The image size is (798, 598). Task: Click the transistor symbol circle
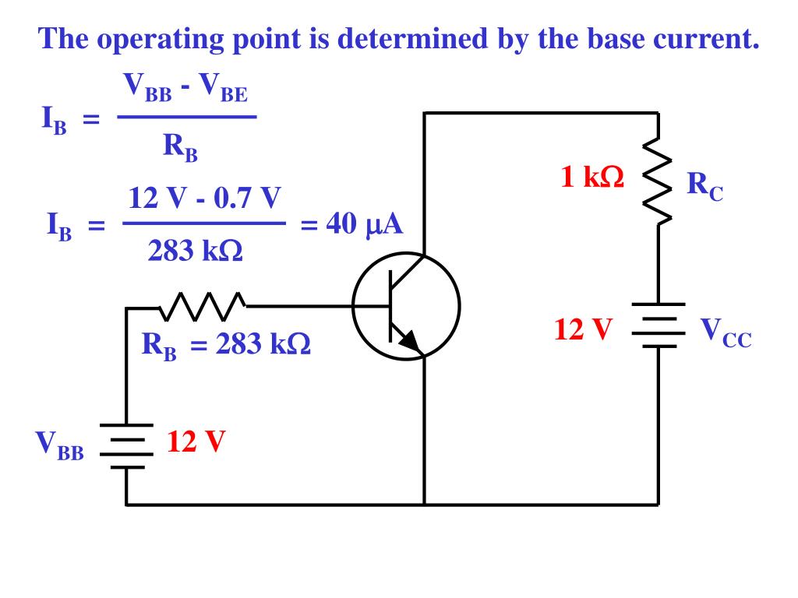tap(406, 306)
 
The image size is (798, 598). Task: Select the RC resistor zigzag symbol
tap(658, 181)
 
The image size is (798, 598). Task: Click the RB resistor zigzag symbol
tap(203, 307)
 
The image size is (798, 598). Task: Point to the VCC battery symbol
tap(659, 325)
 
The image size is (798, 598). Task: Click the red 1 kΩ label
tap(592, 178)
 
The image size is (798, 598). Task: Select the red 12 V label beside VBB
tap(196, 442)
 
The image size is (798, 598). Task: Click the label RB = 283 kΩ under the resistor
tap(226, 343)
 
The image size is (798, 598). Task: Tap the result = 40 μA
tap(351, 225)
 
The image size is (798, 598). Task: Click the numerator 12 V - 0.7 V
tap(203, 199)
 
